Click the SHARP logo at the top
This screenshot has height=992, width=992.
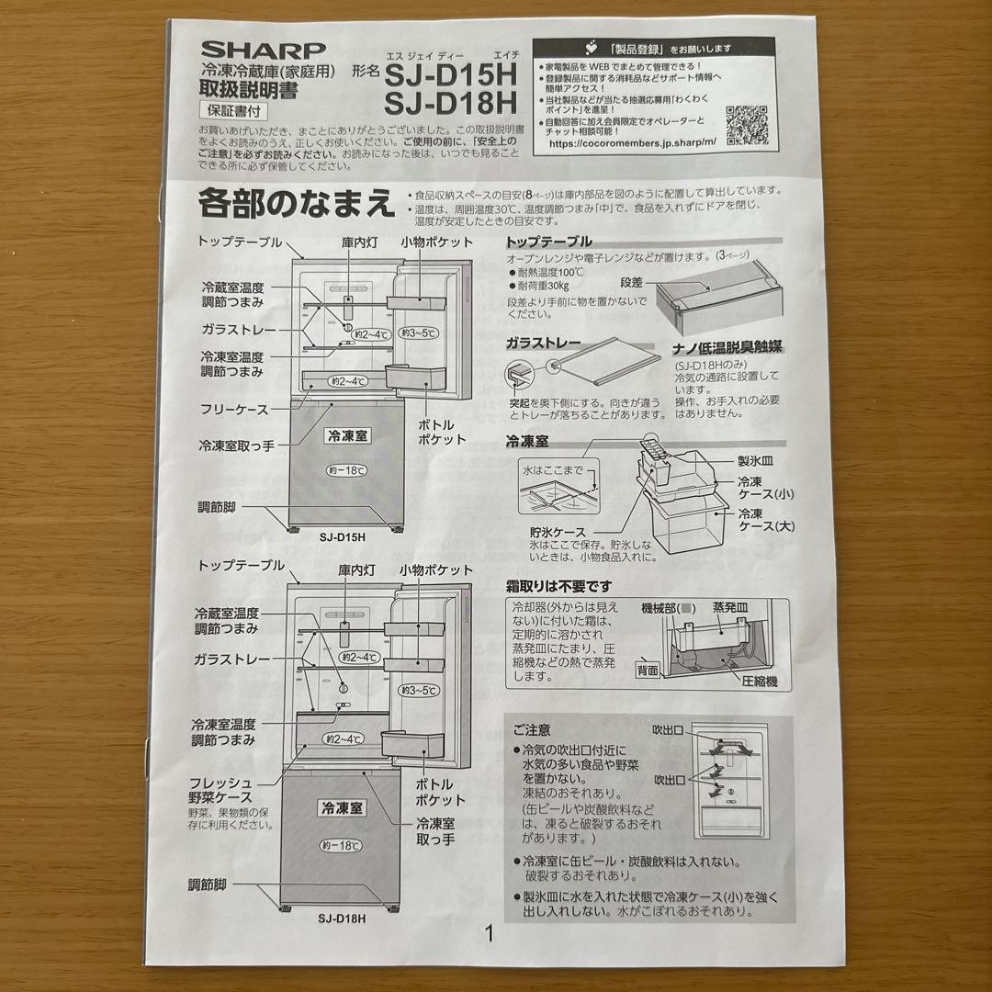pyautogui.click(x=264, y=51)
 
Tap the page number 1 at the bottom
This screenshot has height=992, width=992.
pyautogui.click(x=490, y=935)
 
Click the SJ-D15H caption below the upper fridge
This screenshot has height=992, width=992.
pyautogui.click(x=343, y=537)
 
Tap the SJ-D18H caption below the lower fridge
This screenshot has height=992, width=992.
pyautogui.click(x=343, y=918)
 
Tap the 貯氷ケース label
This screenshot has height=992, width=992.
pyautogui.click(x=558, y=532)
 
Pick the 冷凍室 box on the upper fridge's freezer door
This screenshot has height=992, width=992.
pyautogui.click(x=345, y=436)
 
